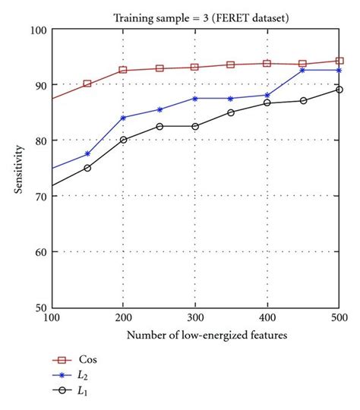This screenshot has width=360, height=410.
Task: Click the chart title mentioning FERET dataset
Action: click(195, 15)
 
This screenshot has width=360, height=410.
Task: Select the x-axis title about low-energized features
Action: click(195, 335)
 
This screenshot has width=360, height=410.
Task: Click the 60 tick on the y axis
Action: click(40, 252)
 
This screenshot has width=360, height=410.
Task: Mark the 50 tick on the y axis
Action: click(40, 307)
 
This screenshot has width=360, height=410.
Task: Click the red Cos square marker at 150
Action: click(87, 84)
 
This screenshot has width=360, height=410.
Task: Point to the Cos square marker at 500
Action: click(339, 61)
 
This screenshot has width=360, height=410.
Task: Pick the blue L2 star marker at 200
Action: click(123, 118)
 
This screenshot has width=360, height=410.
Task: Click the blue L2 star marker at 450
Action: click(303, 70)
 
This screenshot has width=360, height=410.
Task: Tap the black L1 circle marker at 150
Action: click(87, 168)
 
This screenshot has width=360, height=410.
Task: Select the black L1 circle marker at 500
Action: click(339, 90)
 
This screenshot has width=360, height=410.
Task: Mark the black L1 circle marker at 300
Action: click(195, 126)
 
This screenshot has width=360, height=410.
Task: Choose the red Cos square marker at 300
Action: click(195, 67)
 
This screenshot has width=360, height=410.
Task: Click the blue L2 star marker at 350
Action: click(231, 98)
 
